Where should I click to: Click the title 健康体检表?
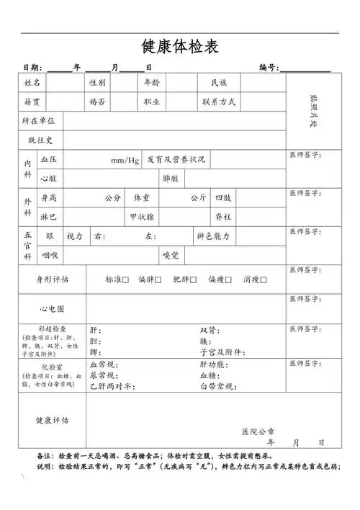point(180,47)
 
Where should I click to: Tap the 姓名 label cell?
point(32,83)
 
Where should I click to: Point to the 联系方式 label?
point(219,102)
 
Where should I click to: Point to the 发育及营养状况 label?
point(176,158)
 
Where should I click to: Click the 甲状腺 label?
point(141,216)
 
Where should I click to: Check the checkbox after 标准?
point(126,279)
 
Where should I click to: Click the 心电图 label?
point(52,308)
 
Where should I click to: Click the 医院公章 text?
point(258,431)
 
